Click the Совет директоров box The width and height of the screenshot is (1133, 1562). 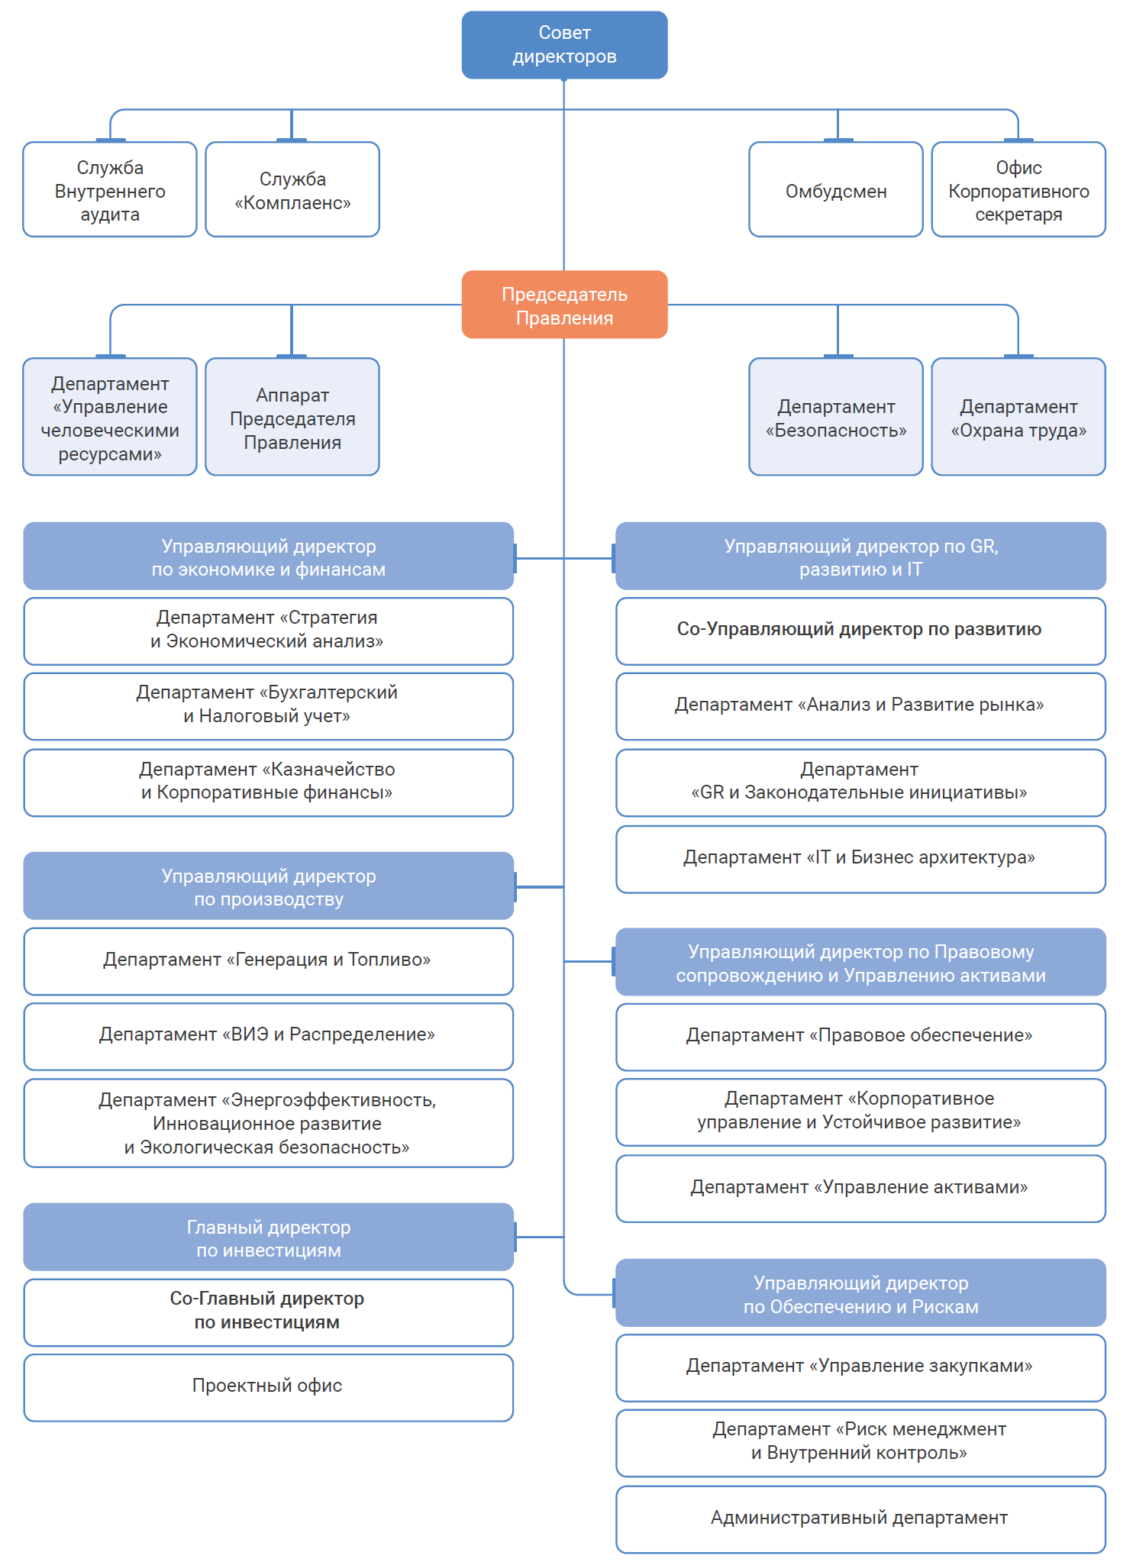[x=564, y=44]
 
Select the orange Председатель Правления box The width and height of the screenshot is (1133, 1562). [x=564, y=305]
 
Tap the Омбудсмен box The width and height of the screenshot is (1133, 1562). [x=836, y=191]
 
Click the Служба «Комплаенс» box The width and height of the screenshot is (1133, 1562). [x=292, y=191]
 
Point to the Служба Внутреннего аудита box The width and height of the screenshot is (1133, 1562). [x=110, y=191]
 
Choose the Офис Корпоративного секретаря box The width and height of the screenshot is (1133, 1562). [x=1018, y=191]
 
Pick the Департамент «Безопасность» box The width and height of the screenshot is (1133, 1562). [x=836, y=418]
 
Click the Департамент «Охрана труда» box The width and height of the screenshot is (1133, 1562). [x=1018, y=418]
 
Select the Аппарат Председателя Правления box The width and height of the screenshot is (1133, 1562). [x=292, y=418]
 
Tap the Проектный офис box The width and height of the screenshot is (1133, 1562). [x=268, y=1386]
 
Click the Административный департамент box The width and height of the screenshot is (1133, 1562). [x=860, y=1518]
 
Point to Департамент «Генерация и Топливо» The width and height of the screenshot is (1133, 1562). [x=268, y=960]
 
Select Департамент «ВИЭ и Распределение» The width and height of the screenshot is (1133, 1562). [x=268, y=1035]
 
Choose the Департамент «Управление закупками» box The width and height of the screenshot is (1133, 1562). [x=860, y=1367]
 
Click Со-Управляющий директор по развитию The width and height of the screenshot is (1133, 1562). [x=860, y=630]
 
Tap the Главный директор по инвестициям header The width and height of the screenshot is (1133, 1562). [x=268, y=1238]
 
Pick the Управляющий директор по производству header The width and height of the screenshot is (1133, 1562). [x=268, y=886]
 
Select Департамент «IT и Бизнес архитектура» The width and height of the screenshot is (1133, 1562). [x=860, y=858]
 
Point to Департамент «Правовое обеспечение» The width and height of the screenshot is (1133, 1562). [x=860, y=1036]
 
